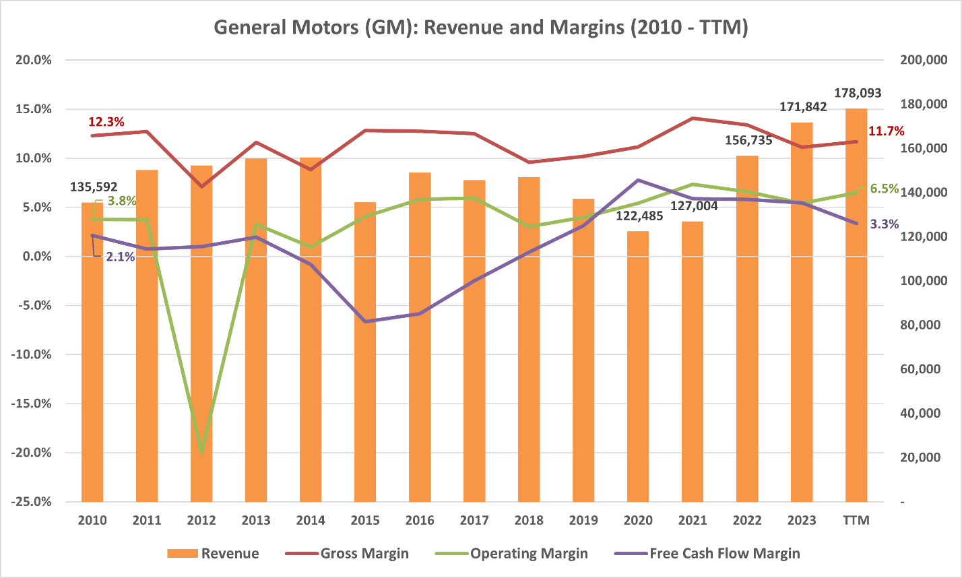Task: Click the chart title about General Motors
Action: (x=481, y=28)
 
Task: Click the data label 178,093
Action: (x=856, y=94)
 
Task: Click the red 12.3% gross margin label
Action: (x=106, y=122)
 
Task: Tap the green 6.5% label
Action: (x=885, y=189)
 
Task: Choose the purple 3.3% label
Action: (x=885, y=224)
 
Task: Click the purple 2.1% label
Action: (x=121, y=257)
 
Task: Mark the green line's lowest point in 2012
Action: (x=201, y=452)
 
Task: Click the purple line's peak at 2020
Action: (x=638, y=181)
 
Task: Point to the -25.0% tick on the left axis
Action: (x=33, y=502)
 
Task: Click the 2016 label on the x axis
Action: (x=420, y=521)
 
